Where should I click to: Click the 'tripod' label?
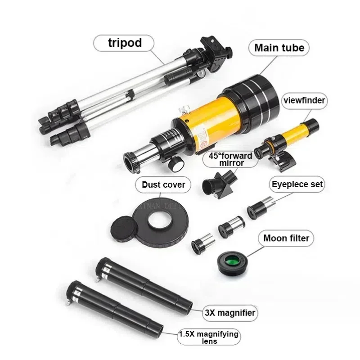point(125,43)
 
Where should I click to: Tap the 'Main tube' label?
point(279,47)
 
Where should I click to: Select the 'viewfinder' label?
point(304,101)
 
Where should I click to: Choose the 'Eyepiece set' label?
point(297,184)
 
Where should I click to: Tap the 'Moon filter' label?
point(286,238)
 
